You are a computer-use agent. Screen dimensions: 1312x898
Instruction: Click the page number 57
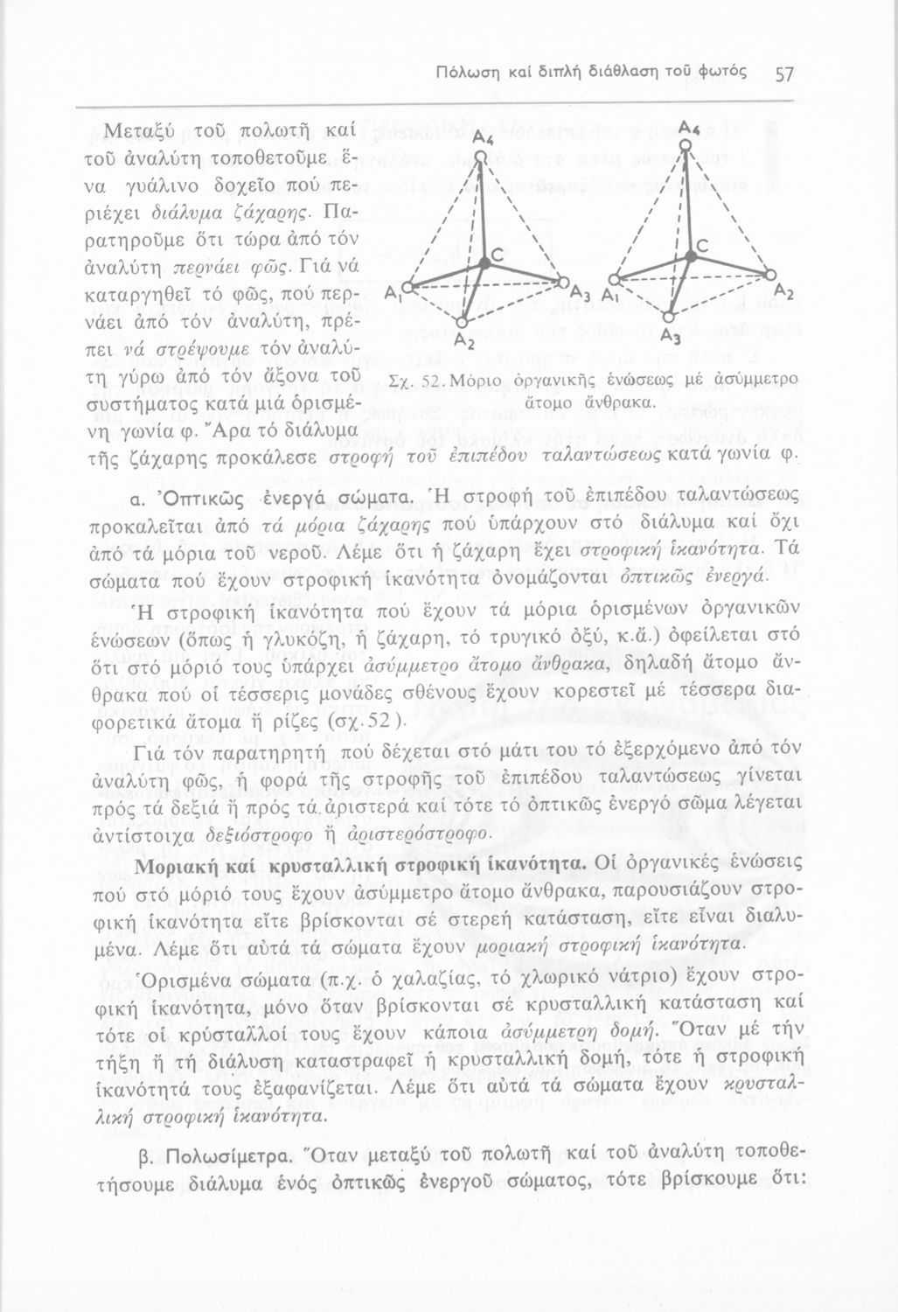(783, 74)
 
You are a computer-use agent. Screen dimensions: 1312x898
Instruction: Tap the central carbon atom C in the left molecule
(483, 261)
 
